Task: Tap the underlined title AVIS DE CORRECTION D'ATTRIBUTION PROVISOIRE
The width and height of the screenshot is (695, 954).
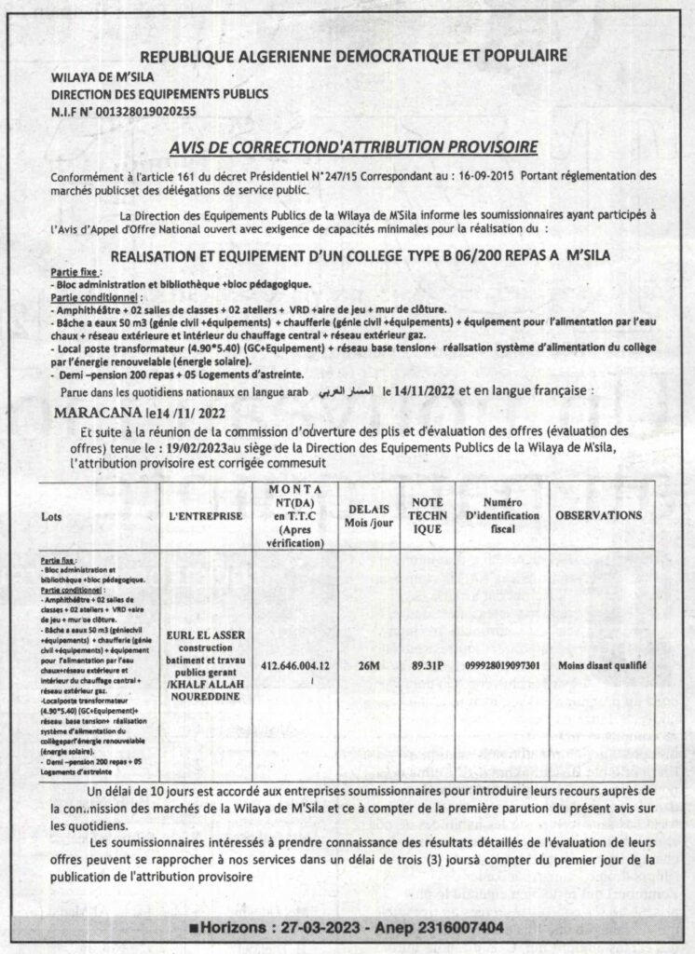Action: [x=354, y=146]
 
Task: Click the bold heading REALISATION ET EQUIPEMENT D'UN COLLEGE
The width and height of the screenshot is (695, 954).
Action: [x=353, y=253]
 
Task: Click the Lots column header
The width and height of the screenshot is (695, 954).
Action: [x=53, y=515]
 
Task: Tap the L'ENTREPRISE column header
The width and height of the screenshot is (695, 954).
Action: [x=206, y=515]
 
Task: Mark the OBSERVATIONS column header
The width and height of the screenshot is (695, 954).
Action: [x=598, y=515]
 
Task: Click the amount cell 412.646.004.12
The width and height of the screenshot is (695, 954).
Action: [x=296, y=666]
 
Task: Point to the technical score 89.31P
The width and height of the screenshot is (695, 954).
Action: [x=428, y=665]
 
